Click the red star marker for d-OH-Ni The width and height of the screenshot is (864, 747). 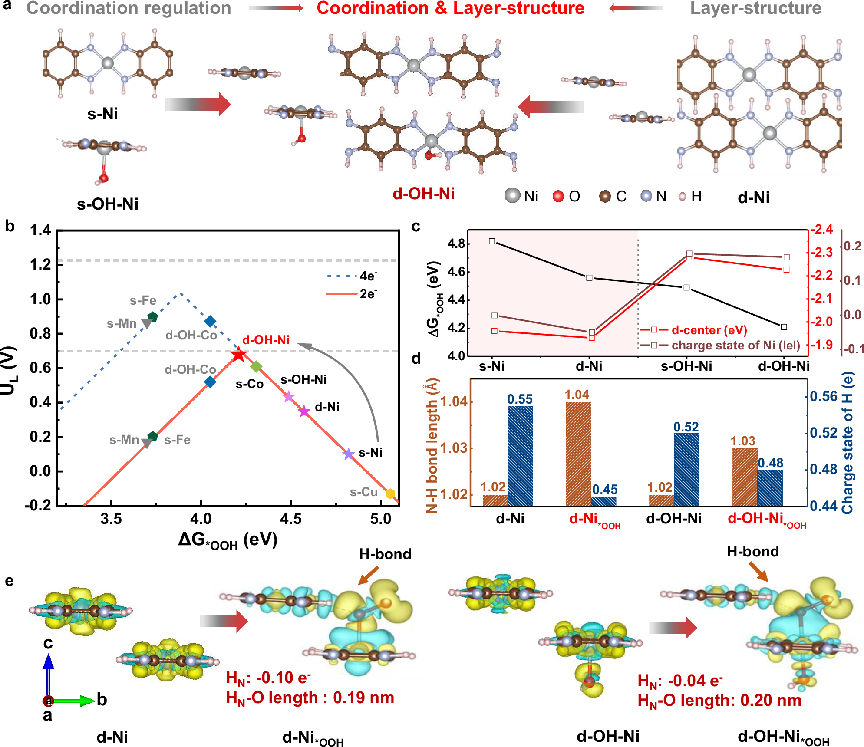tap(238, 355)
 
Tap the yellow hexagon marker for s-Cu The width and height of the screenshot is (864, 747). tap(390, 494)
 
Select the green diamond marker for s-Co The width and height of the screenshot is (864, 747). tap(256, 366)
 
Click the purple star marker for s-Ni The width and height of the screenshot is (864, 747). tap(349, 454)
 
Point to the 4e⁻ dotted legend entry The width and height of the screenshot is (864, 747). tap(352, 276)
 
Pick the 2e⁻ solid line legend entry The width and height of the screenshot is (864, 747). tap(352, 294)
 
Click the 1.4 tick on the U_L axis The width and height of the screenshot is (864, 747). tap(40, 230)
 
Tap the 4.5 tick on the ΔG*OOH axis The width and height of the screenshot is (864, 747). tap(290, 519)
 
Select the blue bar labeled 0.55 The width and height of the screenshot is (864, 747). tap(520, 455)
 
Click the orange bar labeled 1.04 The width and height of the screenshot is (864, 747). tap(578, 454)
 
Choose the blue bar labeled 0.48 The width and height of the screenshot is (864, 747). tap(770, 487)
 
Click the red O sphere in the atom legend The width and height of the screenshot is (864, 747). tap(558, 196)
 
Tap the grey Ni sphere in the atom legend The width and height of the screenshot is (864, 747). tap(512, 196)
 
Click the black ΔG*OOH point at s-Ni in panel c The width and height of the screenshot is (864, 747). tap(492, 241)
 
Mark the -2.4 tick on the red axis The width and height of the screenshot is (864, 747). tap(822, 229)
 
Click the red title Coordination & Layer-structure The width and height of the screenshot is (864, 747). tap(450, 9)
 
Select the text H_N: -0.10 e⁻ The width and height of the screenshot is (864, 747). tap(268, 678)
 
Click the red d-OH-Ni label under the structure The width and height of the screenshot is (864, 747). tap(423, 194)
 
